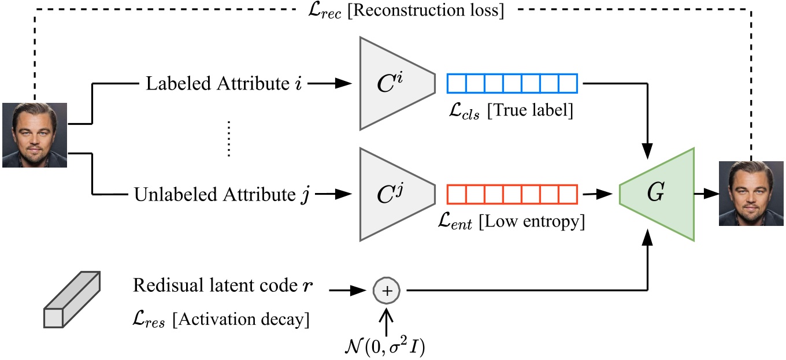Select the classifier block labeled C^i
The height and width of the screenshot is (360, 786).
point(393,83)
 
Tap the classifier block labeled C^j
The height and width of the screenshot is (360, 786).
point(393,194)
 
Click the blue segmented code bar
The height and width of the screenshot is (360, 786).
point(512,84)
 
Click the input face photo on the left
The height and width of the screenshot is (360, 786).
point(35,135)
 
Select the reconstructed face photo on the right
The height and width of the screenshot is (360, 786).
point(751,194)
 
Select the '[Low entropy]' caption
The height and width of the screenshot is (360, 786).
point(532,222)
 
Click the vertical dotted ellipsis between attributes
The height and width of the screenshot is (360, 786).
point(229,139)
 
